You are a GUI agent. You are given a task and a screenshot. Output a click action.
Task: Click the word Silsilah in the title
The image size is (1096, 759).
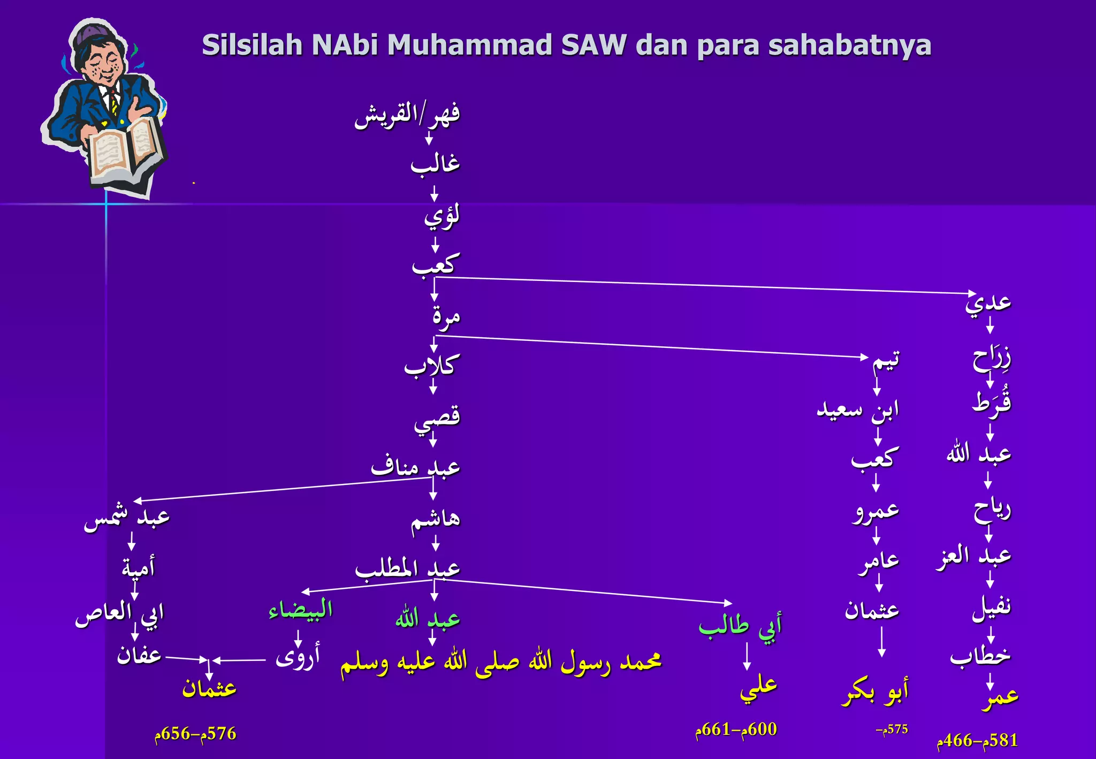252,45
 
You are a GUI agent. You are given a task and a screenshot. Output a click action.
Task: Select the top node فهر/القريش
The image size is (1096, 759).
407,115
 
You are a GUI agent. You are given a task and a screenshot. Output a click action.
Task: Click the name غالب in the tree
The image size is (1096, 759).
435,163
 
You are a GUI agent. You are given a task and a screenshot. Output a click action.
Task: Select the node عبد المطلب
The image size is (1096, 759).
408,568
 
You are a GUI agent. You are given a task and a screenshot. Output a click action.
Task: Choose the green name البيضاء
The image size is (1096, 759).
300,610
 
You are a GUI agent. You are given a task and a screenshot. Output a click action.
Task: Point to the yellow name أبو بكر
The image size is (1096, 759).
875,693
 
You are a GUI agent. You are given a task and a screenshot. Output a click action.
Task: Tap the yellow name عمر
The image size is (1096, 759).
1000,697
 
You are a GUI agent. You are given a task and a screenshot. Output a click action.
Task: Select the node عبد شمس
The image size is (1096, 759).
127,518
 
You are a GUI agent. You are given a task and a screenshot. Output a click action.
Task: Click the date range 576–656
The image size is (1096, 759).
195,733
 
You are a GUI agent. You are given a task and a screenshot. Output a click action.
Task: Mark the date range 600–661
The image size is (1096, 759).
736,729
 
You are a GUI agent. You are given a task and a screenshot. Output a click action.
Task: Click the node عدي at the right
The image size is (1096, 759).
988,302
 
